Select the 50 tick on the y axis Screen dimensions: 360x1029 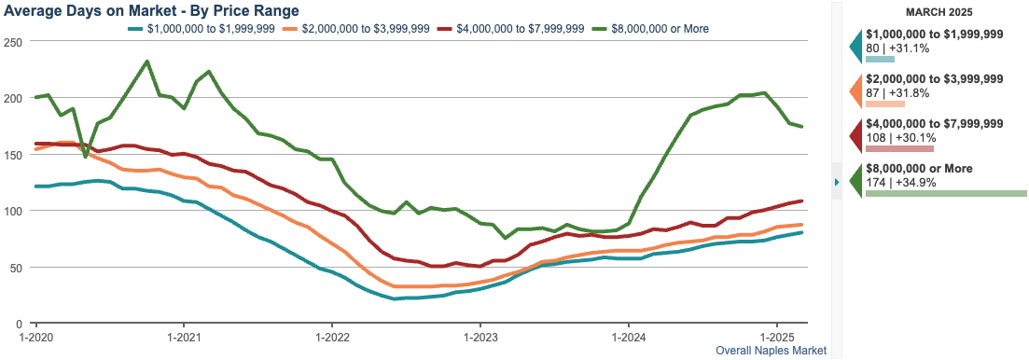[x=15, y=267]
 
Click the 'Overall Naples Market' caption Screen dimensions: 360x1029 [x=771, y=351]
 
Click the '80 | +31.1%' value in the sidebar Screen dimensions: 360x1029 [x=897, y=47]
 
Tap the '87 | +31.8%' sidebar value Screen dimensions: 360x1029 [x=897, y=92]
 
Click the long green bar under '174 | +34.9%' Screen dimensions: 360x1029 [x=945, y=193]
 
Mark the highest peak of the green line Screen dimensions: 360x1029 [x=147, y=62]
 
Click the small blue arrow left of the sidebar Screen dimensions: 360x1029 [x=837, y=182]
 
